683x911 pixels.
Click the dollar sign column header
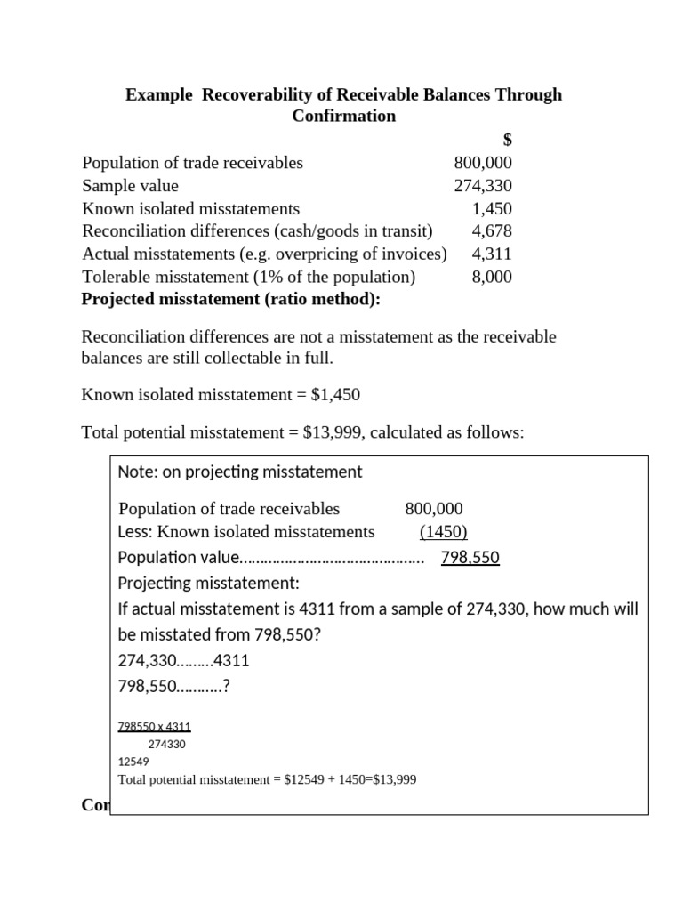point(507,140)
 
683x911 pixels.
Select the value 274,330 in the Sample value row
point(482,186)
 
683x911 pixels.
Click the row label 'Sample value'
point(130,186)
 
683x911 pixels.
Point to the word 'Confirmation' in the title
point(343,117)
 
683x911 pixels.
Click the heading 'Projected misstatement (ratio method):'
point(230,300)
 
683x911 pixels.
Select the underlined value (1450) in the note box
point(443,532)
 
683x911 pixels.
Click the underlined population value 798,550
point(470,558)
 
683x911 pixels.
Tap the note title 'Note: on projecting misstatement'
point(239,472)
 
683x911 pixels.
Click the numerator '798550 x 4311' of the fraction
point(154,726)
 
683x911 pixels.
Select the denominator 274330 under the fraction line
point(166,744)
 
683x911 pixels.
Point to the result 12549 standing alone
point(133,762)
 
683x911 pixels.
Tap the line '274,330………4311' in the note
point(183,662)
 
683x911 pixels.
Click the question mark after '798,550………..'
point(228,688)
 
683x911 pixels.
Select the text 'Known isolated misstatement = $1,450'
point(221,393)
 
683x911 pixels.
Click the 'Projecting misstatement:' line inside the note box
point(208,584)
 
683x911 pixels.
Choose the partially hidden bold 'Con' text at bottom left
point(94,805)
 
